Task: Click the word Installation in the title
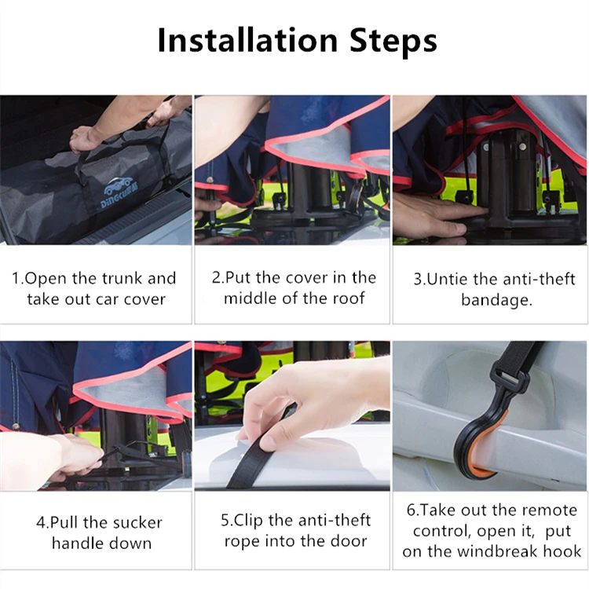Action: (x=247, y=40)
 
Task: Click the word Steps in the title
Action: (x=393, y=42)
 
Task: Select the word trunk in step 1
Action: (x=123, y=278)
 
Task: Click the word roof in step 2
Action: (x=349, y=298)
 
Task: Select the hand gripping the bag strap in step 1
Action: (x=91, y=140)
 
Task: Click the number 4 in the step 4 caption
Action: (x=40, y=522)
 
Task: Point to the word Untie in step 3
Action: (x=448, y=280)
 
